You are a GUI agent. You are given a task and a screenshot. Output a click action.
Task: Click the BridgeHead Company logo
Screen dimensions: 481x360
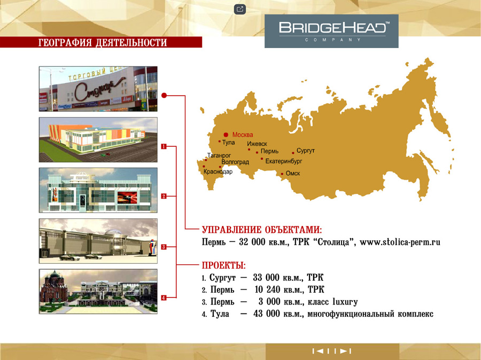click(331, 31)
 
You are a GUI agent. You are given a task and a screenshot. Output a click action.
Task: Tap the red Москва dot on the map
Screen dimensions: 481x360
click(226, 135)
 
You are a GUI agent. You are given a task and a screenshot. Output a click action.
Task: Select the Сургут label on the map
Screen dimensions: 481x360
click(306, 151)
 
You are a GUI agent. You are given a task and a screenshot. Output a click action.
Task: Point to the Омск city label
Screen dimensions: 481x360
click(293, 173)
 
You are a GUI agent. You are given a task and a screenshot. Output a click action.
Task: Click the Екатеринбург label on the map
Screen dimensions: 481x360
click(284, 161)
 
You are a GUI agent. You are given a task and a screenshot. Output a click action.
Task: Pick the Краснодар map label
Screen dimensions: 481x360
click(218, 171)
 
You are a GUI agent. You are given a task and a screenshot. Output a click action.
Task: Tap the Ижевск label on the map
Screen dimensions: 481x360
click(257, 144)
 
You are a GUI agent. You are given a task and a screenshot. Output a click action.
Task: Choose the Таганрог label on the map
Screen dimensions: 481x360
click(219, 155)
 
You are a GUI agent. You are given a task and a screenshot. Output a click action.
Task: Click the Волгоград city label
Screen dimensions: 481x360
click(235, 162)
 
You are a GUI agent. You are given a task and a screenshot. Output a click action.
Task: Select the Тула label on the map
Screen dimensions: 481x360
click(229, 142)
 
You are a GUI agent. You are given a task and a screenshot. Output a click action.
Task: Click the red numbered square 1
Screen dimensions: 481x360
click(164, 146)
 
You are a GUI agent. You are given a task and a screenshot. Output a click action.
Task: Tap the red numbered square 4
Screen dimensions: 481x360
click(164, 298)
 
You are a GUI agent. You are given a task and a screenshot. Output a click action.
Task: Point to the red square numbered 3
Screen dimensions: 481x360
click(164, 247)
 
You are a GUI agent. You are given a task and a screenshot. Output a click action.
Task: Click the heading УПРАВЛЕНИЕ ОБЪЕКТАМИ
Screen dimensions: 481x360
click(262, 230)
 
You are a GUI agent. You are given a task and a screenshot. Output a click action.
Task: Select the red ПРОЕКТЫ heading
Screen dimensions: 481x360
click(224, 265)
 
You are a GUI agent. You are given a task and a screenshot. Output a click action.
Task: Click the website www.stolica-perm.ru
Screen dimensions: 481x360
click(400, 242)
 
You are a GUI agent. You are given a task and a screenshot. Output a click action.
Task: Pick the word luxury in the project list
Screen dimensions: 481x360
click(345, 302)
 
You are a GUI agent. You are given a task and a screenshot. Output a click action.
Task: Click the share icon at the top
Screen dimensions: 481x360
click(240, 9)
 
